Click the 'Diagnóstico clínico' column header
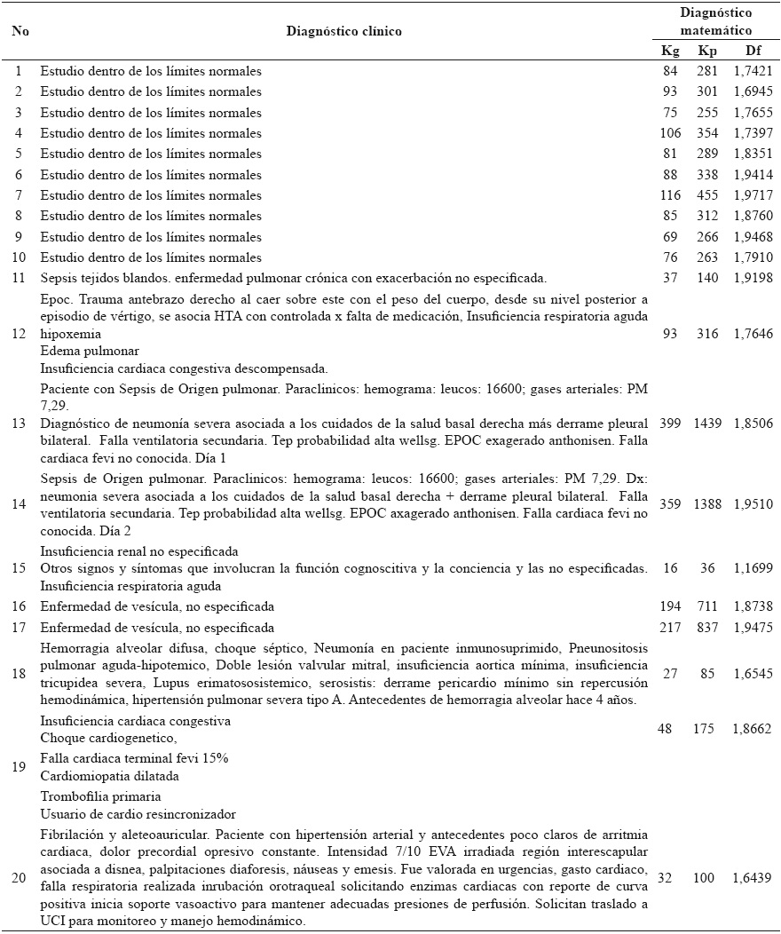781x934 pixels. [x=343, y=31]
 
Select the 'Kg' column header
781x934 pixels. [x=670, y=51]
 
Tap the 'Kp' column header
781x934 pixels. [x=708, y=51]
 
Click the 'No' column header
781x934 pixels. [x=20, y=31]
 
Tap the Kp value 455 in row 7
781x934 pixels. [x=708, y=195]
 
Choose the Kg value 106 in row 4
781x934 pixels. [x=670, y=133]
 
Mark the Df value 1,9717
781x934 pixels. [x=752, y=195]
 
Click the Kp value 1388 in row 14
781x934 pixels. [x=707, y=503]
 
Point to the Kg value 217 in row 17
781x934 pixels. [x=670, y=628]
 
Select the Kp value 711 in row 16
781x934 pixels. [x=708, y=607]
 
